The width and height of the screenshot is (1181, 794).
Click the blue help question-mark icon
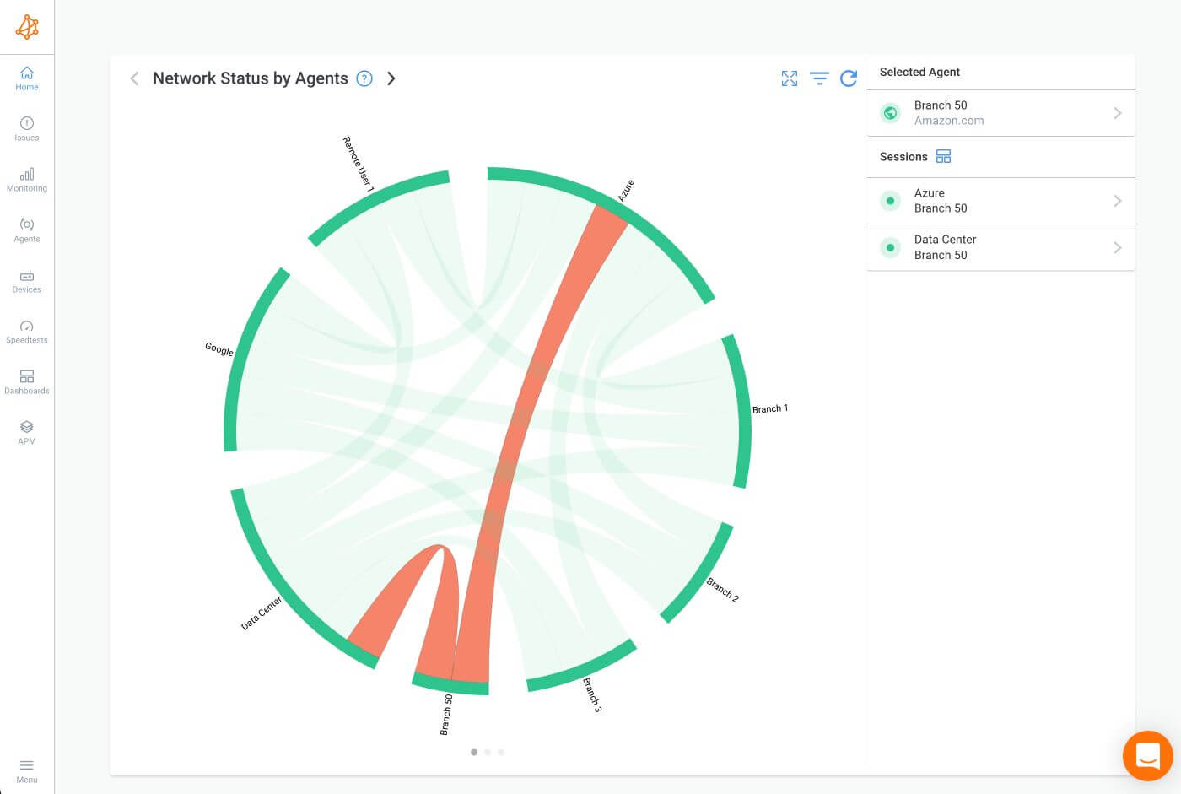pos(364,78)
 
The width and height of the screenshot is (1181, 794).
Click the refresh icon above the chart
pos(849,78)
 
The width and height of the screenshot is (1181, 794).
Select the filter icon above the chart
pos(819,78)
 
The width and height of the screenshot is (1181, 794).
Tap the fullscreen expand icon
pos(790,78)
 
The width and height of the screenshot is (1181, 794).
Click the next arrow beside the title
pos(391,78)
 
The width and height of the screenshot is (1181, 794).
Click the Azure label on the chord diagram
pos(625,191)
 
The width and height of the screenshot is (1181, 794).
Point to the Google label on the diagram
pos(219,348)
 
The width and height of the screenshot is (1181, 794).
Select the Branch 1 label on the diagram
pos(770,408)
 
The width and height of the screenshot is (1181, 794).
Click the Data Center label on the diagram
pos(261,613)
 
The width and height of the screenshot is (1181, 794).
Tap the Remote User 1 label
pos(358,165)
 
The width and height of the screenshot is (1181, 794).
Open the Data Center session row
pos(1000,247)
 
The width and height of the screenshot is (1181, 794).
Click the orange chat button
pos(1147,756)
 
